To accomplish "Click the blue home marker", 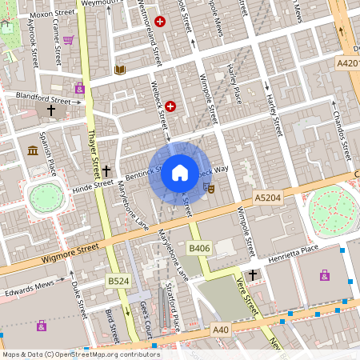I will click(x=180, y=172).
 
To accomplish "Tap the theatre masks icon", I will click(x=210, y=187).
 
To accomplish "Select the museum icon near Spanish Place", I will click(x=33, y=150).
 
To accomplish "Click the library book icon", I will click(x=120, y=70).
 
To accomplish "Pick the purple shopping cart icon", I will click(x=69, y=39).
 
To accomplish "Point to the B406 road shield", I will click(x=199, y=249).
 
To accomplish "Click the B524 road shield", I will click(x=118, y=282).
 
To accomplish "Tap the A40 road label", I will click(x=222, y=328).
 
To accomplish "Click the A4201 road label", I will click(x=348, y=62).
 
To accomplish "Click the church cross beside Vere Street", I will click(x=253, y=275).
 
